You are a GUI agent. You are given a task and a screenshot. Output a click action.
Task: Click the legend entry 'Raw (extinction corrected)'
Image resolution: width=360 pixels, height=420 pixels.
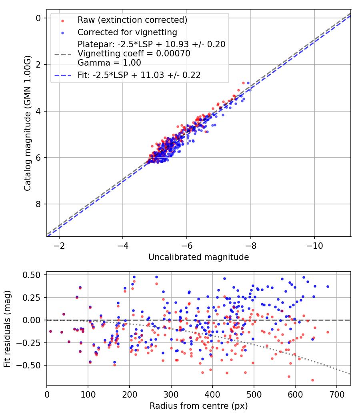132,20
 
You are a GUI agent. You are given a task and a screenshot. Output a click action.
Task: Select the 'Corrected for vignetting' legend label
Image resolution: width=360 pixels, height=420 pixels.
127,32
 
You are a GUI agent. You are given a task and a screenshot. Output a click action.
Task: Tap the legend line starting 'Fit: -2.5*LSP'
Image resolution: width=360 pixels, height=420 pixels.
139,75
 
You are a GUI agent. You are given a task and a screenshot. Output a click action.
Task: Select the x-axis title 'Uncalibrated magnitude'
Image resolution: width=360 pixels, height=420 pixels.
198,257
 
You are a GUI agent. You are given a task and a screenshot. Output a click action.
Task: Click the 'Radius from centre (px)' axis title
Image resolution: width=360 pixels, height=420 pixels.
198,406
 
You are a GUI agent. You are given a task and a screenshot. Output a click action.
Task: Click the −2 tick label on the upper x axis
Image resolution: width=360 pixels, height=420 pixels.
59,244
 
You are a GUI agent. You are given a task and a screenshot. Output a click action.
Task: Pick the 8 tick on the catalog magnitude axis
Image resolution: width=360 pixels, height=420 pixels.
38,204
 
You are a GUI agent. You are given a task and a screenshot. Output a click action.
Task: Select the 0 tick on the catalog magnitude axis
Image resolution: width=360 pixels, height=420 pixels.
38,18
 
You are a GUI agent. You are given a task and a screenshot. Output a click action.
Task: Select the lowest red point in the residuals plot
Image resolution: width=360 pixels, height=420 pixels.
312,380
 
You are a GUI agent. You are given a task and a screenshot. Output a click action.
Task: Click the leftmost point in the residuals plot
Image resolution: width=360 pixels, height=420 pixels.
50,331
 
